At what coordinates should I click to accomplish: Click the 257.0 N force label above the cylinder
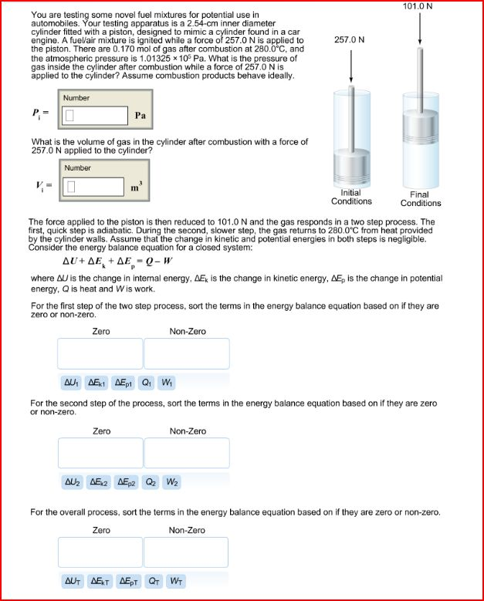click(x=350, y=39)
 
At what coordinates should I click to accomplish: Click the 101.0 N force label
click(x=418, y=6)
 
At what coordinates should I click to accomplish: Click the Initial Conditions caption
click(x=351, y=198)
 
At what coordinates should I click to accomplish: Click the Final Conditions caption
click(x=421, y=199)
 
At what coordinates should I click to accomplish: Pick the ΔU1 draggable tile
click(x=72, y=382)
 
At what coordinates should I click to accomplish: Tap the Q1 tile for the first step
click(x=147, y=382)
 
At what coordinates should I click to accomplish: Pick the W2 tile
click(x=172, y=482)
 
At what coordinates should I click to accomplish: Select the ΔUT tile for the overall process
click(x=73, y=580)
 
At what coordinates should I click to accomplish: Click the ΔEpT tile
click(x=127, y=580)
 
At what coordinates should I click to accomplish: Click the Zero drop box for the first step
click(x=100, y=353)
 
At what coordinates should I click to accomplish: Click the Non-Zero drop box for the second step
click(x=187, y=453)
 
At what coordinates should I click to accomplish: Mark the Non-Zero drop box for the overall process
click(x=186, y=552)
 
